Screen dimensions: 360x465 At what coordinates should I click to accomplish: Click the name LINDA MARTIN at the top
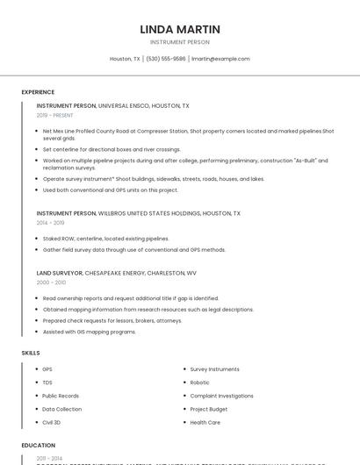[180, 30]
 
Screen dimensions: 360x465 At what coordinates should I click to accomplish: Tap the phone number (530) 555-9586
[166, 59]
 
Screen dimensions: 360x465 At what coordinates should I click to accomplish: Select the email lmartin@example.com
[220, 59]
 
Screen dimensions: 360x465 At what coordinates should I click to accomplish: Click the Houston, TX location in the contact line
[125, 59]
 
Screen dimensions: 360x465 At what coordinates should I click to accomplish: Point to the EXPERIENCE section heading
[38, 92]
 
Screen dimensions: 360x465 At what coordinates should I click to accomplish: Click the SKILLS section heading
[31, 353]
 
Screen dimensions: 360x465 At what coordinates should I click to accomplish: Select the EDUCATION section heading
[39, 446]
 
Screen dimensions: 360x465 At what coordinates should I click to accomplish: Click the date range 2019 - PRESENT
[55, 115]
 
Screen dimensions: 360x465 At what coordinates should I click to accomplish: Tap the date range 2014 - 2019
[50, 223]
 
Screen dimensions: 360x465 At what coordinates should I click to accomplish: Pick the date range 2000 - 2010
[51, 283]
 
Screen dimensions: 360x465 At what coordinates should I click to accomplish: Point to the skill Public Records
[61, 396]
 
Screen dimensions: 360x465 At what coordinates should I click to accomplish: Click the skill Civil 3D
[52, 422]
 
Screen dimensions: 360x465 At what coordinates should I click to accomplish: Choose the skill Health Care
[205, 422]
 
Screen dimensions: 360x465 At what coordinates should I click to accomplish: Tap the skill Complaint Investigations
[221, 396]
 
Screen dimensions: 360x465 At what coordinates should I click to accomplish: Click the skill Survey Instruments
[214, 369]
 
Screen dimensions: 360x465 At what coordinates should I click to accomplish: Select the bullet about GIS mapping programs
[90, 332]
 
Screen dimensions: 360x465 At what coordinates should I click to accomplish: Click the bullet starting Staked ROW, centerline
[94, 239]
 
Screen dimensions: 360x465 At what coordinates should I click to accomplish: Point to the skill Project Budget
[209, 409]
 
